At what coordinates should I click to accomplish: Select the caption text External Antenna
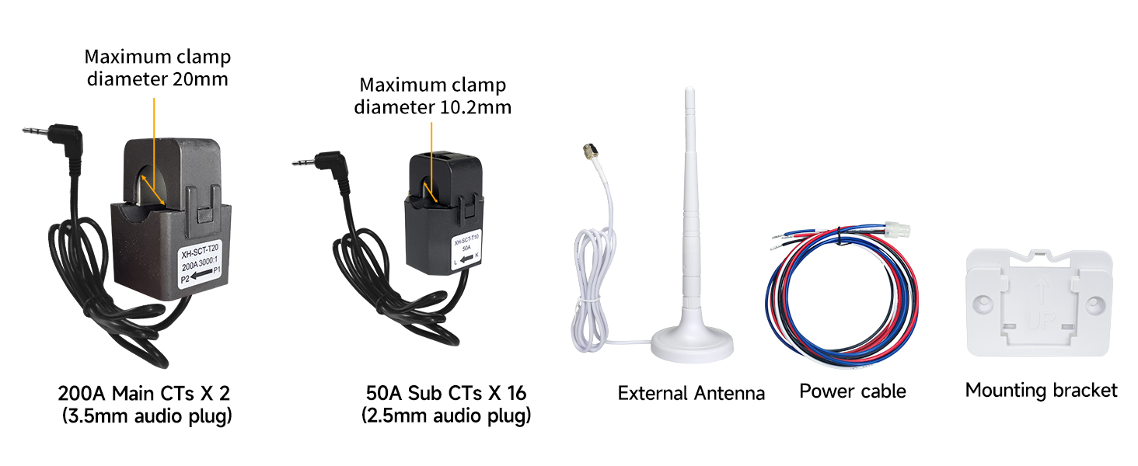pos(691,393)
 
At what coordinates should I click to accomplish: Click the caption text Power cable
pos(853,391)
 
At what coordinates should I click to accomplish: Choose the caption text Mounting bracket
pos(1041,390)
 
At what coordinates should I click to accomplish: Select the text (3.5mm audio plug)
pos(148,416)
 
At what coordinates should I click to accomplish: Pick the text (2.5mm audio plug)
pos(446,416)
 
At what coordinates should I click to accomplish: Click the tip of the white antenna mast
pos(688,93)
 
